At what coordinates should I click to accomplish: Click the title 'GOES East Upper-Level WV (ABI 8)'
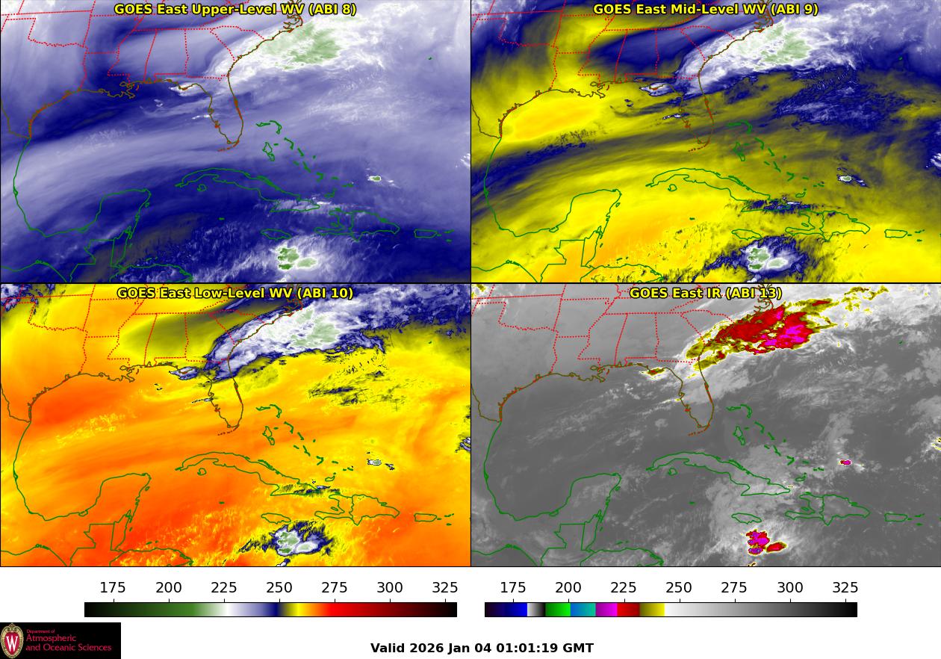tap(235, 9)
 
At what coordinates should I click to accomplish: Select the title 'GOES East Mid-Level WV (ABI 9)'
tap(705, 9)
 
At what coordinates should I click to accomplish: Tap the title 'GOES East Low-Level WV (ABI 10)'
tap(235, 293)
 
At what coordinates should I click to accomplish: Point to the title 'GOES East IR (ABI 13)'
tap(705, 293)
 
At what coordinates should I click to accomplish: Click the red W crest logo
tap(12, 640)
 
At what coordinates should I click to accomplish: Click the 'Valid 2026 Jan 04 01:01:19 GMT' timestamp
tap(482, 648)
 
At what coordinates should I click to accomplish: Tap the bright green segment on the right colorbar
tap(557, 610)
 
